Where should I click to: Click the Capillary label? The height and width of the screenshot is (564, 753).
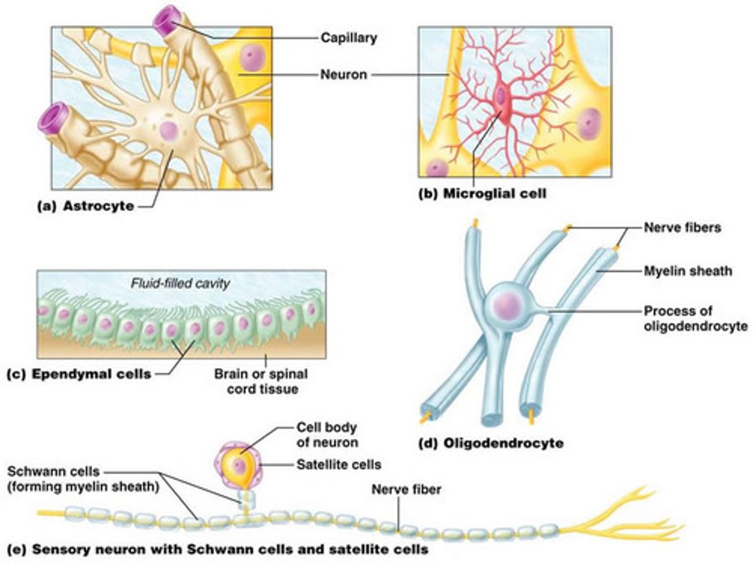(348, 38)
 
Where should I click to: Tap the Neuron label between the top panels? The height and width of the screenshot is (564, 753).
(343, 74)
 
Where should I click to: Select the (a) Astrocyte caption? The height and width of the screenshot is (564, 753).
(86, 206)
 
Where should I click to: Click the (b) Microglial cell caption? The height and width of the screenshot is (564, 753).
(483, 194)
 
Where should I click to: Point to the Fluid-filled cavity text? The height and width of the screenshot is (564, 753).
(180, 284)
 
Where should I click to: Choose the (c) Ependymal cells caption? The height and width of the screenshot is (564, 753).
(79, 374)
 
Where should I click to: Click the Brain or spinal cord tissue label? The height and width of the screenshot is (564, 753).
(261, 381)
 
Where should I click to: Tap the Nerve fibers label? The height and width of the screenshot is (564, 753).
(682, 227)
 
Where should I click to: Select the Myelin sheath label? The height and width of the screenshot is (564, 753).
(688, 271)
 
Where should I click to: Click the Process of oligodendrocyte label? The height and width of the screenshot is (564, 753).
(695, 319)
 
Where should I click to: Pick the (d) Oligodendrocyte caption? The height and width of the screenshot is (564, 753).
(492, 443)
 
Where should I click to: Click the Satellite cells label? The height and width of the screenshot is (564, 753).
(338, 464)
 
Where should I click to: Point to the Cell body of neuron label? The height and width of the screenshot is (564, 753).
(327, 434)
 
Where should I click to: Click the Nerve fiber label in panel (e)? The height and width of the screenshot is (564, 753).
(406, 489)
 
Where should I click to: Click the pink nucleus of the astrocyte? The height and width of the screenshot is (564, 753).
(169, 131)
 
